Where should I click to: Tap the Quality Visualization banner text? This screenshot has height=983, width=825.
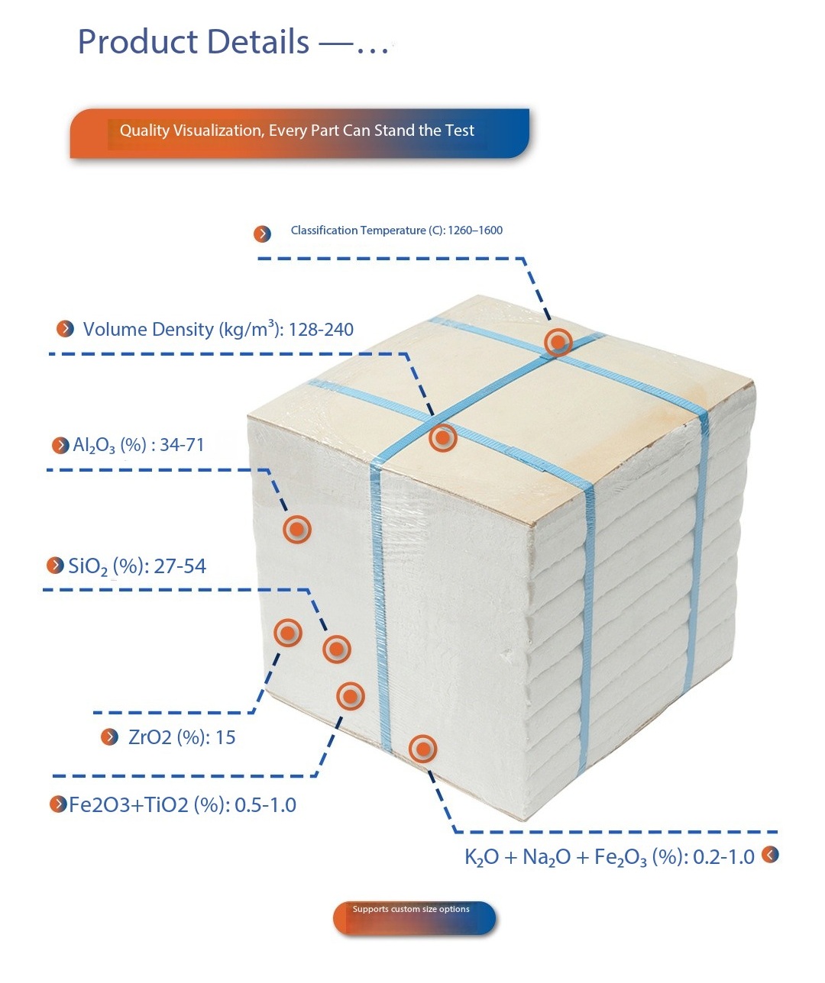296,131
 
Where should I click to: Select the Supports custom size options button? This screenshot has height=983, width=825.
413,917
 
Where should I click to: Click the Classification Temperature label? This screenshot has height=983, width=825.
396,230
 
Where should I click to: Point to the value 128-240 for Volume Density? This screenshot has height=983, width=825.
321,330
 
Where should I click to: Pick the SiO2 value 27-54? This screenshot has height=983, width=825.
180,566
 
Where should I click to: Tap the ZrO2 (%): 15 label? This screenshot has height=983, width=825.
182,737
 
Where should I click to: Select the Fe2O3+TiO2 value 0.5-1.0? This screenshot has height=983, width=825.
265,805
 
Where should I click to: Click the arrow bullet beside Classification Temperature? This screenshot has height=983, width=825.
262,234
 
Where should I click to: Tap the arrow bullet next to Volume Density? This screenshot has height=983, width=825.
66,329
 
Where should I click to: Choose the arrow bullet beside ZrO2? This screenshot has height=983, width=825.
110,736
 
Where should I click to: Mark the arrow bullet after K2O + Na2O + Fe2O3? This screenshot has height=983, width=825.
770,855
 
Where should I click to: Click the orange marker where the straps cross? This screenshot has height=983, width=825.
558,342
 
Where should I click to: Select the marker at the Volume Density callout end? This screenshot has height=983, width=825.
442,438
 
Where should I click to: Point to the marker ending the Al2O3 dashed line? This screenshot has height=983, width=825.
297,529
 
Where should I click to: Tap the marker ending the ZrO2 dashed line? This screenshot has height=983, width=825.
288,632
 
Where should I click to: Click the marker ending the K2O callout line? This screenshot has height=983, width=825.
422,749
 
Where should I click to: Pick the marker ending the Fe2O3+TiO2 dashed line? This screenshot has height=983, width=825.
351,695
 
